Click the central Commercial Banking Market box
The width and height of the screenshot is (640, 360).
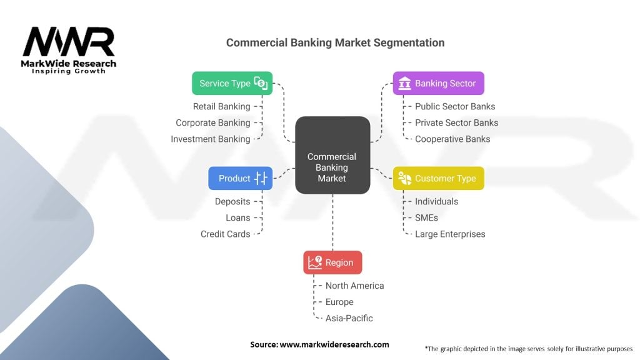332,155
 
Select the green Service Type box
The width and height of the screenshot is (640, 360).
232,83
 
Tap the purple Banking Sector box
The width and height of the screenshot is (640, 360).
438,83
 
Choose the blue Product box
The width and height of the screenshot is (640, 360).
240,178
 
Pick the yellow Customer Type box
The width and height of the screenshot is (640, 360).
438,178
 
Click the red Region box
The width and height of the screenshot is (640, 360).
332,262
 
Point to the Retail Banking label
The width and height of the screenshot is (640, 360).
221,106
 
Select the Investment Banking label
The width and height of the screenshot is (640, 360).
210,139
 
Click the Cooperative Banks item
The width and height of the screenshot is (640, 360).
452,139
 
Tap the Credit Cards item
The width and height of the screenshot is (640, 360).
225,234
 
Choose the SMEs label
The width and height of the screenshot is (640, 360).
426,217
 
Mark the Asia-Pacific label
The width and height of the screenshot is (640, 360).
349,318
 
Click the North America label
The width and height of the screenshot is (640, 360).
354,286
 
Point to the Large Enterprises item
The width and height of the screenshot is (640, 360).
450,234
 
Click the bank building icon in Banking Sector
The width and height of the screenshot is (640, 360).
404,83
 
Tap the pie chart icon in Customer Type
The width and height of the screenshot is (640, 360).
404,178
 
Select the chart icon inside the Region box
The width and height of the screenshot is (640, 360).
314,262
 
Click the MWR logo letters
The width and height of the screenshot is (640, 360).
69,42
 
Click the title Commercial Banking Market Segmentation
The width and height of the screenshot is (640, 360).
335,42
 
